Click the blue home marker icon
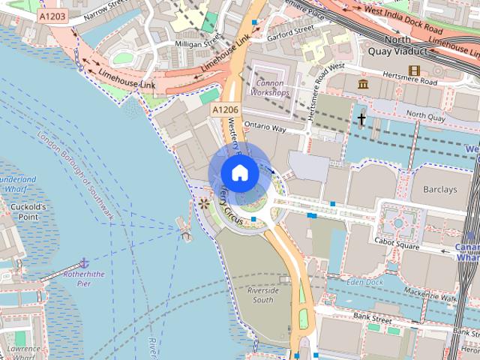[239, 173]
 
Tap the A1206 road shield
[225, 110]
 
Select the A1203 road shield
[52, 15]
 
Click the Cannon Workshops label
[271, 88]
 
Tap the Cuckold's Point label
[28, 211]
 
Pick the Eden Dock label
[365, 282]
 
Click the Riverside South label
[263, 295]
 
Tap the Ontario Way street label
[265, 128]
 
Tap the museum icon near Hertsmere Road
[364, 84]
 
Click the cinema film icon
[414, 70]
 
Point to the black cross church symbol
[361, 118]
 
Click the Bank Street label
[373, 319]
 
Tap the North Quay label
[425, 115]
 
